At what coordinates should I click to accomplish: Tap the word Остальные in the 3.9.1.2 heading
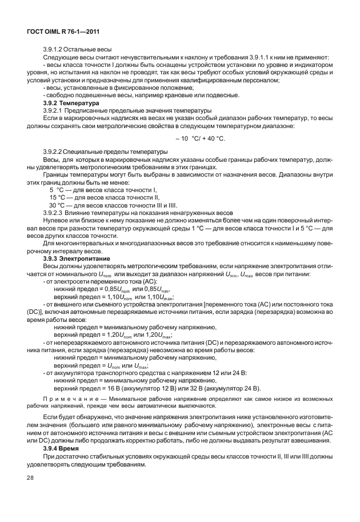[81, 50]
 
